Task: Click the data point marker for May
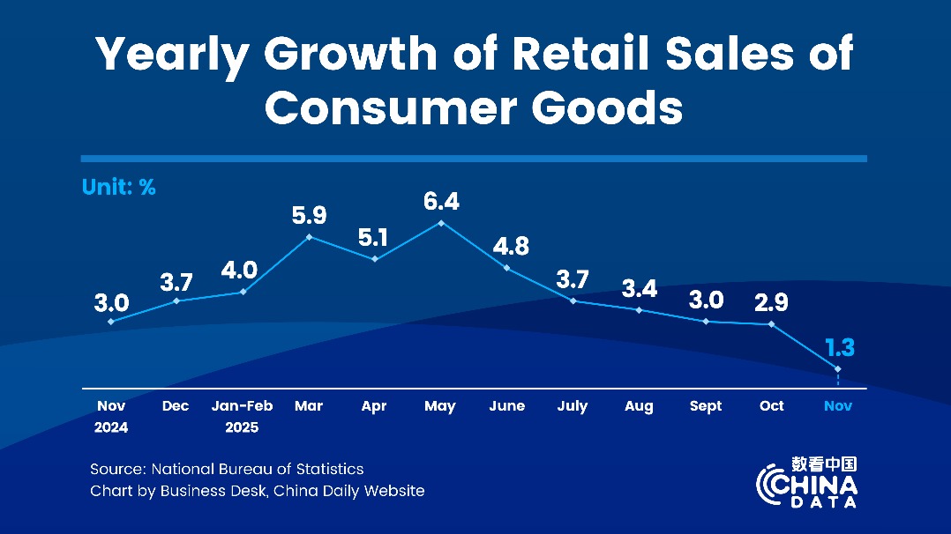pos(441,223)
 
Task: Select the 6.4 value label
pos(441,202)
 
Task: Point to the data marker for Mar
pos(309,236)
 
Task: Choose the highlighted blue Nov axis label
pos(837,406)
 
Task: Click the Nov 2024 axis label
pos(111,416)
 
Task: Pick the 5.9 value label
pos(309,215)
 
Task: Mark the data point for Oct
pos(772,324)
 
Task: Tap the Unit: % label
pos(118,187)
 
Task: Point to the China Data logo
pos(806,482)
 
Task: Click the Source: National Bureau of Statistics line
pos(227,469)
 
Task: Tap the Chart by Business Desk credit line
pos(257,491)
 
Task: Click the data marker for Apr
pos(375,258)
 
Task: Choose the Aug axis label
pos(639,406)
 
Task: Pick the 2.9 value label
pos(772,302)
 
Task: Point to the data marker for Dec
pos(177,300)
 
